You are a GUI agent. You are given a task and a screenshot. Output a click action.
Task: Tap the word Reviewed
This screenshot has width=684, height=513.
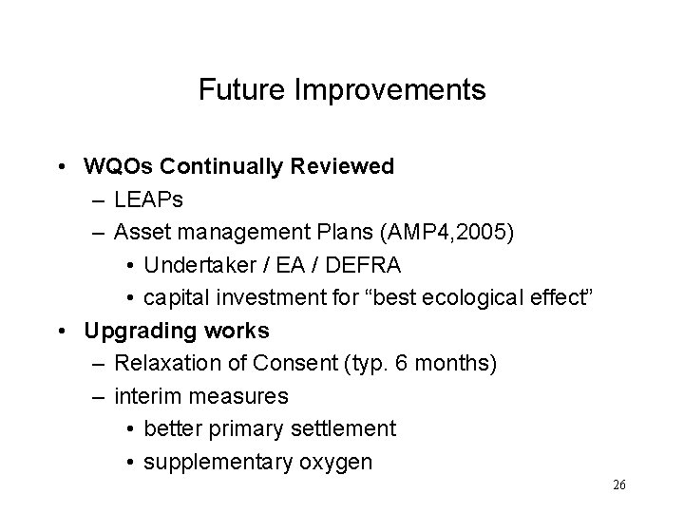click(342, 167)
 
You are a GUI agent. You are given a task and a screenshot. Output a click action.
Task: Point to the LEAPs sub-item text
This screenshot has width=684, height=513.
click(149, 200)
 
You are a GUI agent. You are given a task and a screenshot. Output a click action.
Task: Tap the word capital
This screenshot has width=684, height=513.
click(174, 298)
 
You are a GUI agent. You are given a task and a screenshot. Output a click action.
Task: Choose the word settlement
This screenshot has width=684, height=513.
click(346, 429)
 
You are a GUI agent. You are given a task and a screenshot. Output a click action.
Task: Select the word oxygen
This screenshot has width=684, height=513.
click(338, 463)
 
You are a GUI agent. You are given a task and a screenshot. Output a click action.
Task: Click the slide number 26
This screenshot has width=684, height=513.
click(618, 485)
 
